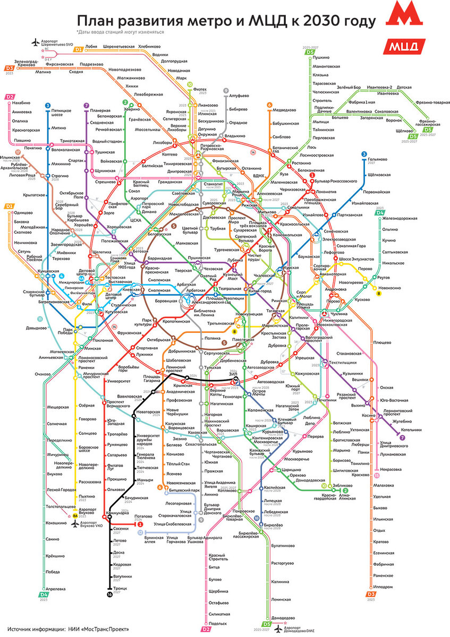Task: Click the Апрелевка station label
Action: (56, 589)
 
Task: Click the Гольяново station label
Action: (379, 159)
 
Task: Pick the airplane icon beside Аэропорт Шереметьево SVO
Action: (36, 41)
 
